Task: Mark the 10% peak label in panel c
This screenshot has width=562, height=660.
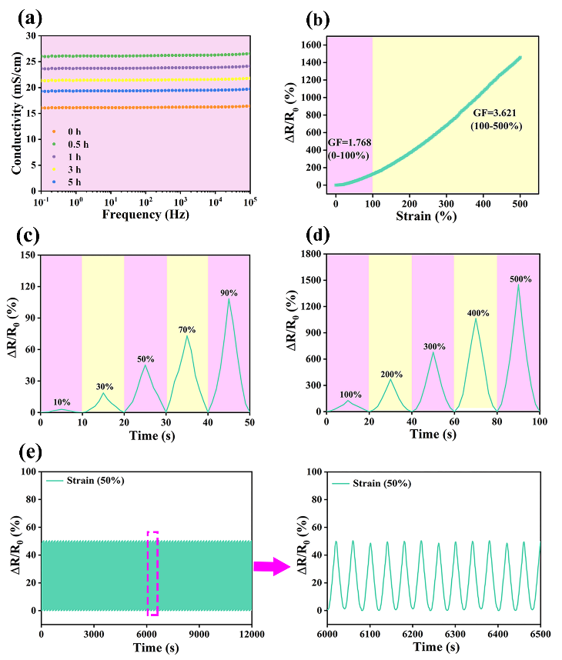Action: pos(62,402)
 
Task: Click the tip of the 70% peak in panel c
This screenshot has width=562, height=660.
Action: pos(186,335)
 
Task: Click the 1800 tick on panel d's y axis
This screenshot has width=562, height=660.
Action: pos(309,255)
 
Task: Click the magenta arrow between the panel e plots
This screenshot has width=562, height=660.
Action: pos(273,566)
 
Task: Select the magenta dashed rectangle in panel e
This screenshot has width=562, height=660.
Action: pos(153,572)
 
